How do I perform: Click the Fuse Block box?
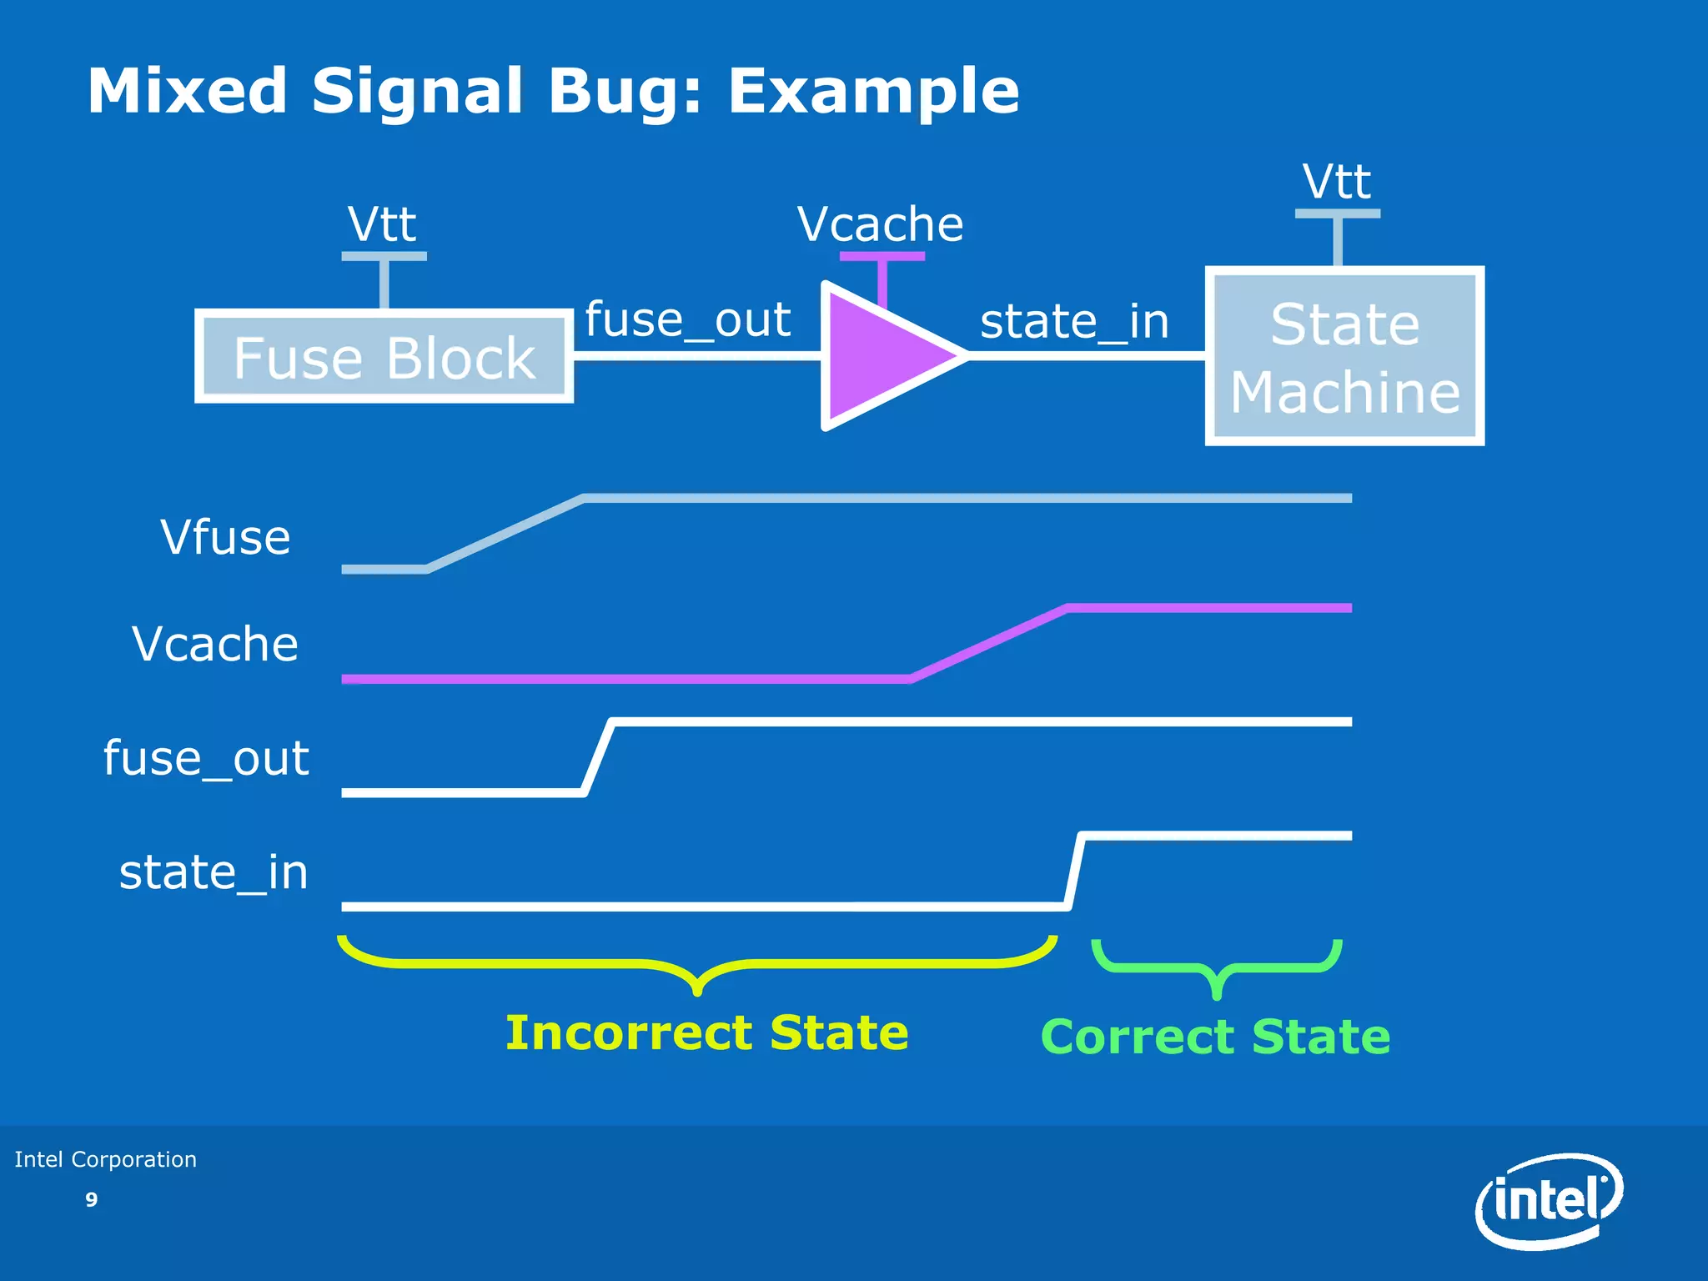pyautogui.click(x=384, y=357)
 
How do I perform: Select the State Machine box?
pyautogui.click(x=1344, y=357)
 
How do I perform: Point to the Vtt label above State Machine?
pyautogui.click(x=1336, y=181)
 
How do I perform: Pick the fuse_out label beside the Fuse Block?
pyautogui.click(x=687, y=319)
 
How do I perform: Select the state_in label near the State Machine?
pyautogui.click(x=1074, y=321)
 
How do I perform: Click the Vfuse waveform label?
pyautogui.click(x=225, y=537)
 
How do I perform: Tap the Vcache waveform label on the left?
pyautogui.click(x=215, y=644)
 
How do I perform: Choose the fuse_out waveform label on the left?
pyautogui.click(x=206, y=758)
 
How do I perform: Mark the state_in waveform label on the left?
pyautogui.click(x=213, y=872)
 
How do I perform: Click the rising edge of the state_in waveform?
pyautogui.click(x=1075, y=871)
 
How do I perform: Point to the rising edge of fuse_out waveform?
pyautogui.click(x=599, y=757)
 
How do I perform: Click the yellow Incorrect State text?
pyautogui.click(x=706, y=1032)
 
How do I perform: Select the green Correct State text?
pyautogui.click(x=1215, y=1037)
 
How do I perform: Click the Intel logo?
pyautogui.click(x=1549, y=1201)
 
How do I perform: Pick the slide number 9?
pyautogui.click(x=92, y=1199)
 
